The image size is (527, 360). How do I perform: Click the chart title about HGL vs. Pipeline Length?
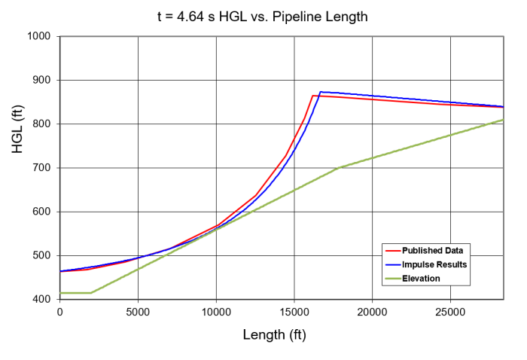point(262,16)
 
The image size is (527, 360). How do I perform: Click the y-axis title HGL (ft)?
point(17,167)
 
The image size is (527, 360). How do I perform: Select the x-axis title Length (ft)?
point(280,334)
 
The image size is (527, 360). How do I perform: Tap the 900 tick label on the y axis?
point(41,80)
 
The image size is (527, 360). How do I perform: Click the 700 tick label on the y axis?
point(41,168)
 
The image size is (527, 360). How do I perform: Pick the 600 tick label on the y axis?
point(41,212)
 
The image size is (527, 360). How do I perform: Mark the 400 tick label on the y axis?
point(41,299)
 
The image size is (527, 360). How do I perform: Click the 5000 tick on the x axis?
point(138,312)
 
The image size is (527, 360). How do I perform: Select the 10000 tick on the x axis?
point(216,312)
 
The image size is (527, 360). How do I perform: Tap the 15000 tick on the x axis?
point(294,312)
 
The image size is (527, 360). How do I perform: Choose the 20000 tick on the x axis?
point(373,312)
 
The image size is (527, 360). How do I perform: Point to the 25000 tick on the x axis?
point(451,312)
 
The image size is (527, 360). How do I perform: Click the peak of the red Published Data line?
point(312,96)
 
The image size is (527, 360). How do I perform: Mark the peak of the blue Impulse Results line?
point(321,92)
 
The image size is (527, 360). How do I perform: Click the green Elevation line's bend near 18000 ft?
point(341,167)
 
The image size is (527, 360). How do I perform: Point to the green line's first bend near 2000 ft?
point(90,292)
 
